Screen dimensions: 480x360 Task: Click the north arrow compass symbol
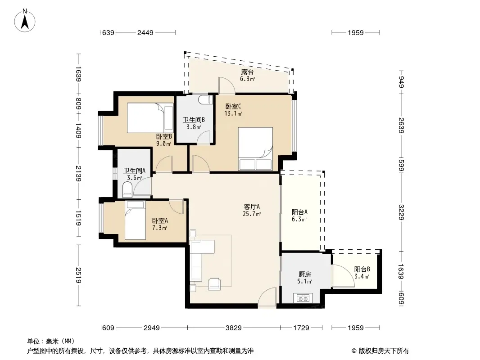[25, 21]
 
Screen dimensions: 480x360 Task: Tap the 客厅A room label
[252, 207]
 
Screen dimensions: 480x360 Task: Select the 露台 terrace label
[247, 72]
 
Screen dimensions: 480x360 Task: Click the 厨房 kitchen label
[304, 274]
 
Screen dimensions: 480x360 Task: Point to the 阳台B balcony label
[362, 270]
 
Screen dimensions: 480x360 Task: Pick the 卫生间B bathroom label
[194, 120]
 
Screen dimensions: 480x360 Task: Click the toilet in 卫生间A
[127, 189]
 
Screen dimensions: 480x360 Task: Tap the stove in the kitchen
[303, 298]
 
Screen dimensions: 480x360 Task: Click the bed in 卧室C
[255, 148]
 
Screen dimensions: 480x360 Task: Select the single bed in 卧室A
[135, 220]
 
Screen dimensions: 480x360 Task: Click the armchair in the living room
[214, 284]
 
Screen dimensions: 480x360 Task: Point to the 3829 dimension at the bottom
[234, 328]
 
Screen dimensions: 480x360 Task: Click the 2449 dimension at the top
[145, 33]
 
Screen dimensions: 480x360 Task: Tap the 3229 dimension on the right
[401, 212]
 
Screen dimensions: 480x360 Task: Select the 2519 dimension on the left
[79, 275]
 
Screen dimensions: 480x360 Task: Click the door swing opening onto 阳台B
[343, 276]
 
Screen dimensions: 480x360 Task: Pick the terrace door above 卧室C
[226, 85]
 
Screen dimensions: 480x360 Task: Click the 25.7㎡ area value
[252, 214]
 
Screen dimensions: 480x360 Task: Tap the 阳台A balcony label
[299, 212]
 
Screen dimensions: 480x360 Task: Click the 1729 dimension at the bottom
[301, 328]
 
